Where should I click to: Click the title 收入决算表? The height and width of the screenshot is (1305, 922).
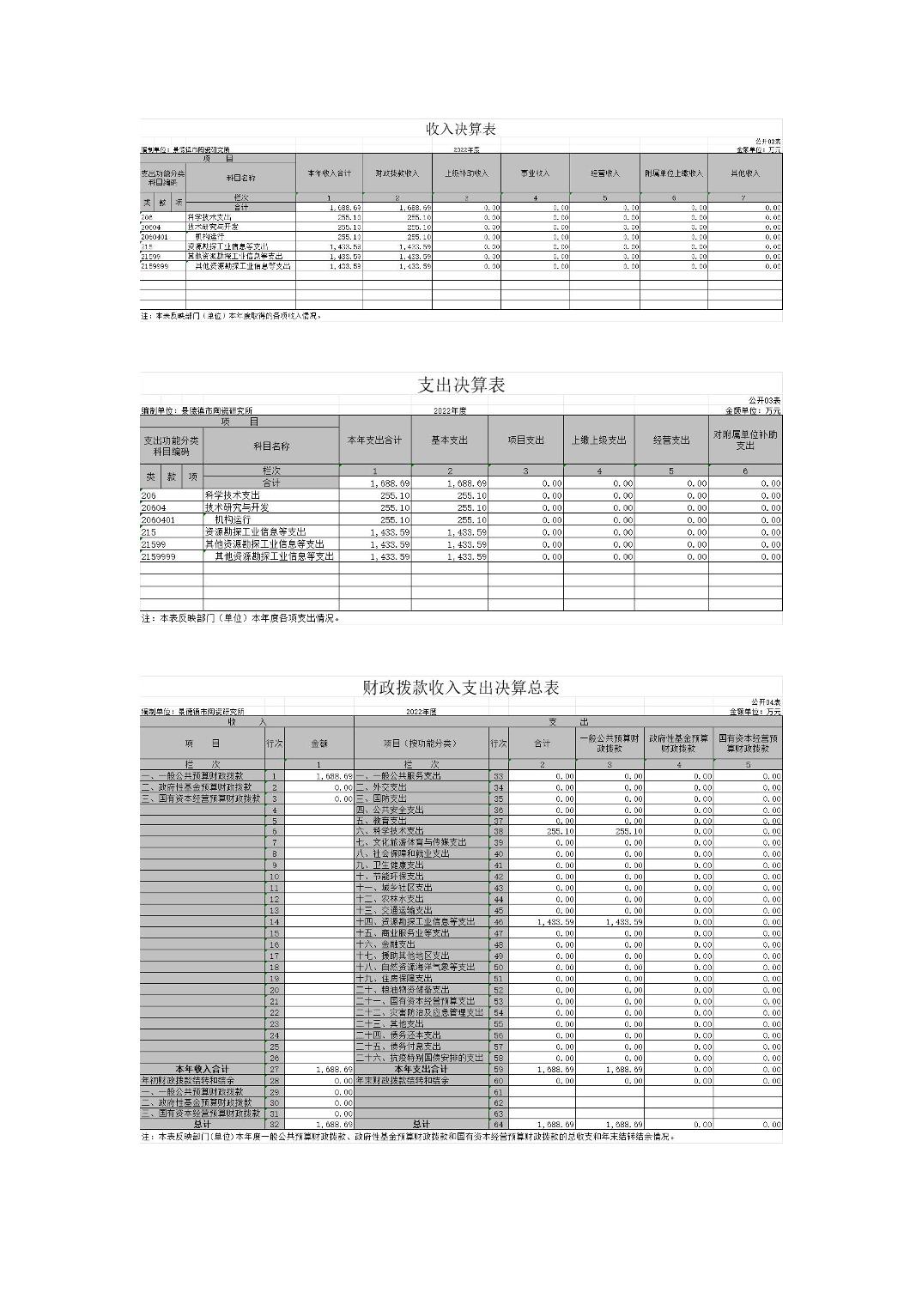[461, 129]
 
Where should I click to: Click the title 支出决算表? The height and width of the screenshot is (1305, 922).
[461, 385]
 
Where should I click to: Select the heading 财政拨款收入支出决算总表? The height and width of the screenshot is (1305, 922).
[461, 688]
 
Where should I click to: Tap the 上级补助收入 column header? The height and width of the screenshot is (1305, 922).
[466, 173]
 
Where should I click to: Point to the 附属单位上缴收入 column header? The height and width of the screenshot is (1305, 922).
[674, 173]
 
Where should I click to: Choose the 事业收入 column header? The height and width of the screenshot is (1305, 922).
[535, 173]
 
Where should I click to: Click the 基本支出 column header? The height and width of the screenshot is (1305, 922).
[450, 440]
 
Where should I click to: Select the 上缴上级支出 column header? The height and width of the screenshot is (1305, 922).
[599, 440]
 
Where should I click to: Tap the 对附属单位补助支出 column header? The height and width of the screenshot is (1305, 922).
[745, 440]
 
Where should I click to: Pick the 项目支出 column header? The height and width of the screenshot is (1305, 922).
[525, 440]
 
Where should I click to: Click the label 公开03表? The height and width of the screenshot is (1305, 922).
[764, 401]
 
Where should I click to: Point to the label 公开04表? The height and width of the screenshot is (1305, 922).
[765, 702]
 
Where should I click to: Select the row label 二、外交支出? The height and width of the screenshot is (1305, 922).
[382, 786]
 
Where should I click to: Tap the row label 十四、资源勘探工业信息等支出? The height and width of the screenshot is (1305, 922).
[416, 921]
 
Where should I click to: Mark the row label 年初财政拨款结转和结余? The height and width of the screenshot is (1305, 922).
[189, 1080]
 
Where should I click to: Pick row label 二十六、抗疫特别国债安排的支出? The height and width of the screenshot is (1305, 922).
[420, 1058]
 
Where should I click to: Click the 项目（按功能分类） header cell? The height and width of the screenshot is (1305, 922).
[421, 744]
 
